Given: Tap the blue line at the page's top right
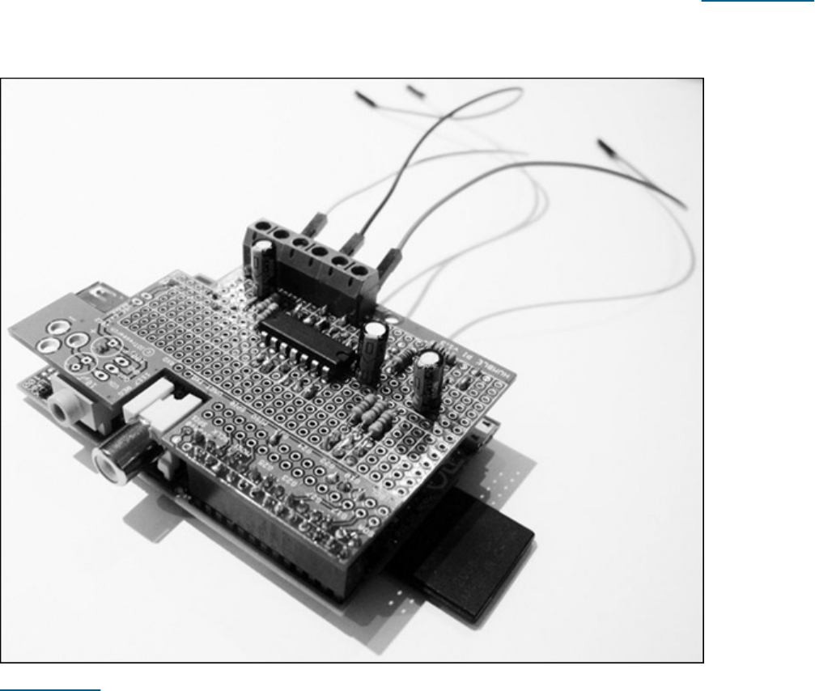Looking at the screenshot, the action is [x=757, y=2].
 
